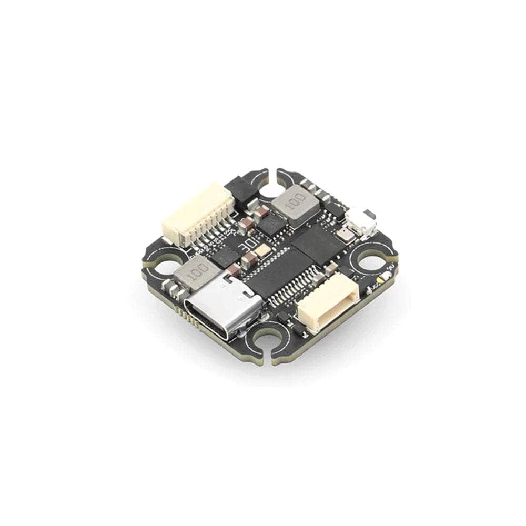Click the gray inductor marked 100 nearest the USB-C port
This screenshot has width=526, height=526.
coord(194,272)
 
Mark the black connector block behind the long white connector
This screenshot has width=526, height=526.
coord(242,193)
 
